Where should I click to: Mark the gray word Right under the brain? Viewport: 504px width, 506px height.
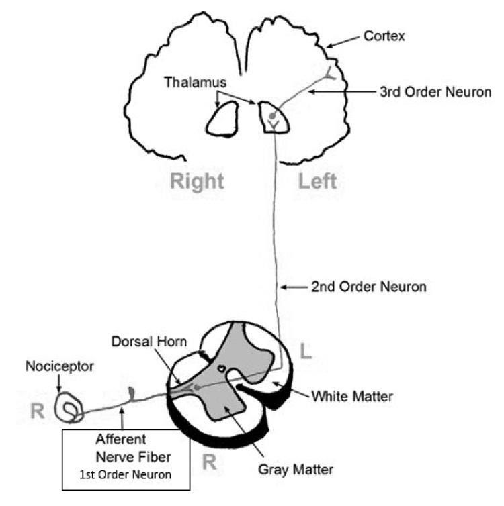197,182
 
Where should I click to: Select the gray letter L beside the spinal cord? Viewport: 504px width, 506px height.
306,351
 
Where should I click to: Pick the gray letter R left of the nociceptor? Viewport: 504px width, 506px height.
36,411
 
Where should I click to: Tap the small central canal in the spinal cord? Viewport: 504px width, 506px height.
221,368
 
